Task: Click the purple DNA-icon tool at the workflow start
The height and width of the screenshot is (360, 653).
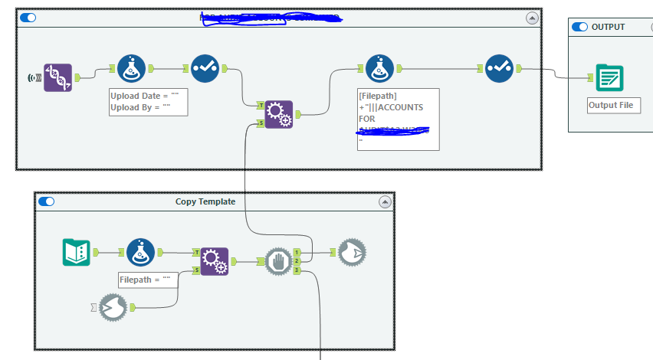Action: tap(57, 78)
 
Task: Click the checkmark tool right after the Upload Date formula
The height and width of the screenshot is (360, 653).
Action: tap(204, 68)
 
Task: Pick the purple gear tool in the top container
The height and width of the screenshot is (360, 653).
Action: tap(279, 114)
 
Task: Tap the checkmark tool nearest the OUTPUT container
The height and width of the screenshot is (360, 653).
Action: tap(498, 68)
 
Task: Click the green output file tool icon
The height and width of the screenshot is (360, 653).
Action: tap(610, 78)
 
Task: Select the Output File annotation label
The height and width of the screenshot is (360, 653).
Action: tap(614, 105)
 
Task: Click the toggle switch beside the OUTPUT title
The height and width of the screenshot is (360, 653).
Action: tap(580, 27)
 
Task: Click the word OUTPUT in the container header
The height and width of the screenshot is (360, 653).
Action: tap(609, 27)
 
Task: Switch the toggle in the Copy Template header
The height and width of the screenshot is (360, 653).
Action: tap(47, 201)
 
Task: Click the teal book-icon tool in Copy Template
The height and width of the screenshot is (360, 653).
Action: tap(76, 252)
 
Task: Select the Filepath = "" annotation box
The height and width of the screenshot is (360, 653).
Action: tap(149, 280)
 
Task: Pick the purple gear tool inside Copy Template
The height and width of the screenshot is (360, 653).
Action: tap(215, 261)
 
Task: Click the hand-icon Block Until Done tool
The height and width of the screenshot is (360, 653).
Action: tap(278, 261)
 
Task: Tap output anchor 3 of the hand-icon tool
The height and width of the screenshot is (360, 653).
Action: tap(297, 270)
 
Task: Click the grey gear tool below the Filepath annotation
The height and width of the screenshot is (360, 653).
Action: tap(113, 307)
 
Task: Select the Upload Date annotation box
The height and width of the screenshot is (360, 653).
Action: tap(149, 102)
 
